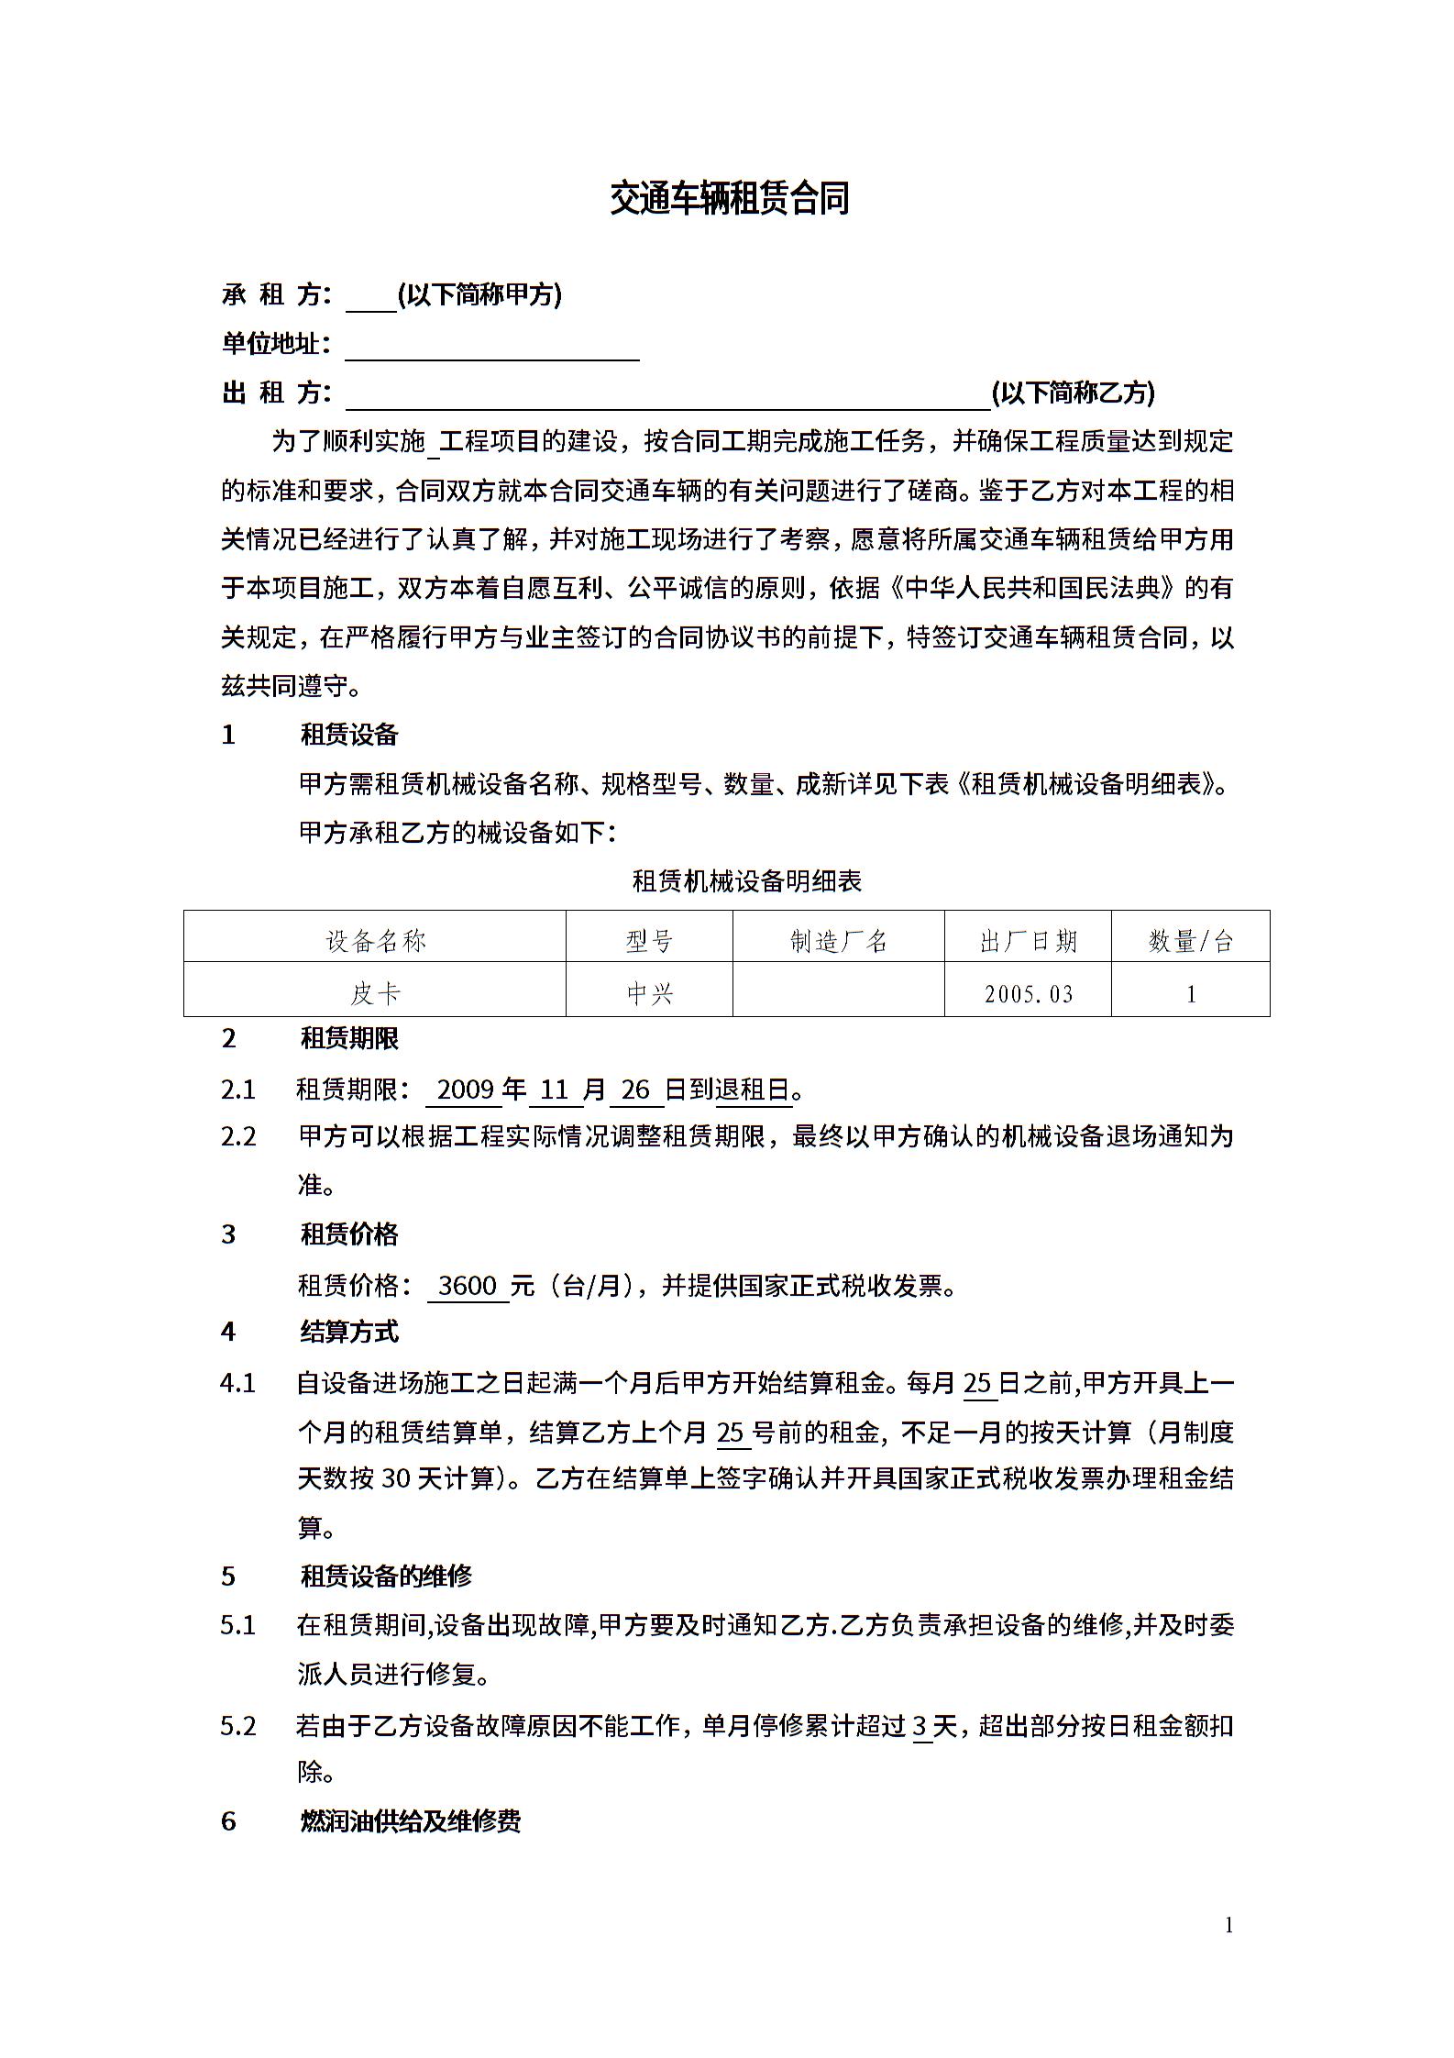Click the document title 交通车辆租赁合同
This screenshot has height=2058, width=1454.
pyautogui.click(x=730, y=198)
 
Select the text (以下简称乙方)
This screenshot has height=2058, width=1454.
pyautogui.click(x=1073, y=393)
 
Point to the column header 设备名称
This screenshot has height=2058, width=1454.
pyautogui.click(x=376, y=941)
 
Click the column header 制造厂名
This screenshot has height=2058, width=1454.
pyautogui.click(x=838, y=941)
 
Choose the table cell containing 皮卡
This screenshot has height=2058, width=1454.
pyautogui.click(x=375, y=993)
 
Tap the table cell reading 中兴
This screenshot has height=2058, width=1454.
pyautogui.click(x=649, y=993)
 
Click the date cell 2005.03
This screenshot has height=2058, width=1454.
pyautogui.click(x=1028, y=994)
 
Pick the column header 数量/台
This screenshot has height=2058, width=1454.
pyautogui.click(x=1190, y=941)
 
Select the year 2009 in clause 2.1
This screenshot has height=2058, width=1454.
pyautogui.click(x=466, y=1090)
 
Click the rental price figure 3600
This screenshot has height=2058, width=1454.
pyautogui.click(x=468, y=1285)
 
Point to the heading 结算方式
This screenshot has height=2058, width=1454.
pyautogui.click(x=349, y=1332)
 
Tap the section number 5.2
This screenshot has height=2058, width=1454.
pyautogui.click(x=238, y=1726)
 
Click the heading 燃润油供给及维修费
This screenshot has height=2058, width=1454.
pyautogui.click(x=411, y=1821)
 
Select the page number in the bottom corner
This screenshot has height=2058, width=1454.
pyautogui.click(x=1228, y=1925)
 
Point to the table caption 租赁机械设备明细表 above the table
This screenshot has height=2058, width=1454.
pyautogui.click(x=747, y=881)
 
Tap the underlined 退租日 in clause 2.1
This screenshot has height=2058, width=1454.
pyautogui.click(x=753, y=1090)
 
